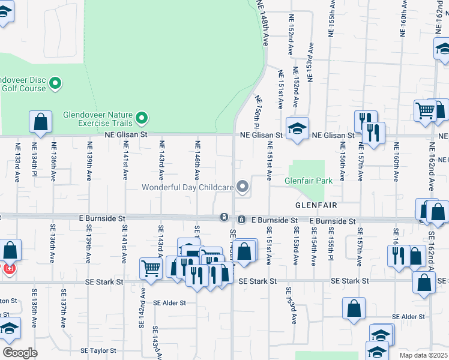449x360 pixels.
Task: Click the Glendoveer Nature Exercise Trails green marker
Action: pyautogui.click(x=142, y=117)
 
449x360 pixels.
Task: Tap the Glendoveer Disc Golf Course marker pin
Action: pyautogui.click(x=55, y=83)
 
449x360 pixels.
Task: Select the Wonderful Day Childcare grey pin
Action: pyautogui.click(x=243, y=187)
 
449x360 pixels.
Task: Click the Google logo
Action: pyautogui.click(x=20, y=353)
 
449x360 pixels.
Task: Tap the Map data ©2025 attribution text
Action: pyautogui.click(x=423, y=355)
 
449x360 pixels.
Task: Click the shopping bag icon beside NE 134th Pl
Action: pyautogui.click(x=40, y=122)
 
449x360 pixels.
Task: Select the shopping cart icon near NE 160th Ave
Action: pyautogui.click(x=426, y=110)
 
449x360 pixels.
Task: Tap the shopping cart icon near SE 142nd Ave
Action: pyautogui.click(x=150, y=268)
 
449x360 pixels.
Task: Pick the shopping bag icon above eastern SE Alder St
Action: pyautogui.click(x=354, y=308)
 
